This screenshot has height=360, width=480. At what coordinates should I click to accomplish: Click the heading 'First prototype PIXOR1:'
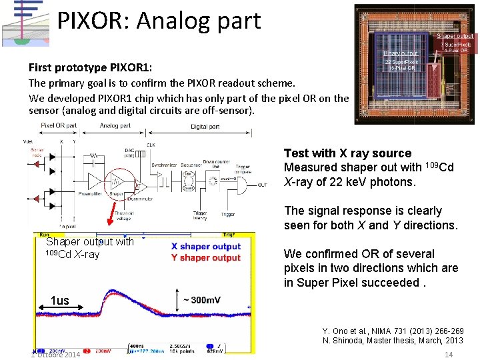[90, 68]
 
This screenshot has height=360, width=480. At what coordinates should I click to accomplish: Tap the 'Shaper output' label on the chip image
[455, 36]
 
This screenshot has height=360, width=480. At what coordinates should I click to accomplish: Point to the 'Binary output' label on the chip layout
[401, 53]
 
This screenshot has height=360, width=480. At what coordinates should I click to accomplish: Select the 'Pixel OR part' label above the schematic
[59, 125]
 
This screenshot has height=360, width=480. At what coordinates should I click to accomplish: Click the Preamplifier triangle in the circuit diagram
[93, 180]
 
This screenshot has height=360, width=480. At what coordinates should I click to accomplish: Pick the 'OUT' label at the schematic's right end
[263, 186]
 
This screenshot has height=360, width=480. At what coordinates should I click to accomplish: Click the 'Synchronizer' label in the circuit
[164, 164]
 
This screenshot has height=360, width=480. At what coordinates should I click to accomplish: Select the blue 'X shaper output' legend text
[205, 246]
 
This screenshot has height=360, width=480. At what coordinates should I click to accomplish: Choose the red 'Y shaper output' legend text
[205, 257]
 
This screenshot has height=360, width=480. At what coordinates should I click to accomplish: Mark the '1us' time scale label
[59, 301]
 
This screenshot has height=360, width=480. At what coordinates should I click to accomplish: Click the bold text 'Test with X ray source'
[347, 153]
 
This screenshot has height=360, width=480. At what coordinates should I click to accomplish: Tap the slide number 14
[449, 354]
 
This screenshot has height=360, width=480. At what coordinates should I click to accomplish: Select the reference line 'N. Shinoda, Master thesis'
[393, 341]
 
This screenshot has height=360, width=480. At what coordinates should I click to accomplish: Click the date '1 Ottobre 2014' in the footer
[55, 354]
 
